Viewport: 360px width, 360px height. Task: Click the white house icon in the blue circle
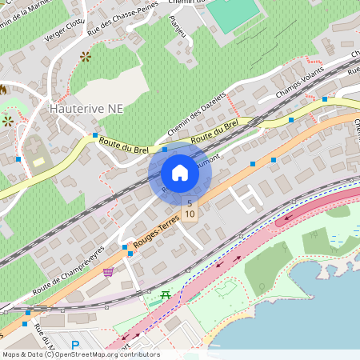point(179,173)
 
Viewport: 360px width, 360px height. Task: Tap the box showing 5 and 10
point(190,209)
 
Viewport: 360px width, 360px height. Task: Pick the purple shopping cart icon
point(108,273)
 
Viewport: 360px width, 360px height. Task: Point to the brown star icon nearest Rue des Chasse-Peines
point(86,57)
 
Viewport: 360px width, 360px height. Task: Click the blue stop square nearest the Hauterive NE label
point(94,134)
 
